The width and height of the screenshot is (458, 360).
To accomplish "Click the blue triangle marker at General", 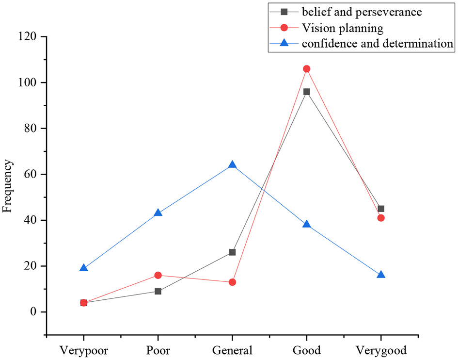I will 232,165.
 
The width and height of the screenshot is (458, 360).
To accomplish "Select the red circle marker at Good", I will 306,69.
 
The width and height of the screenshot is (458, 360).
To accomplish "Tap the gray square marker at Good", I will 306,92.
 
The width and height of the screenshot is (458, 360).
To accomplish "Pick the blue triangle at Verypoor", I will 83,268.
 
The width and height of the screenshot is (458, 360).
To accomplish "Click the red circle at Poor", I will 158,275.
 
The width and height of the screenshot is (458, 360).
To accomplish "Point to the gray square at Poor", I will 158,291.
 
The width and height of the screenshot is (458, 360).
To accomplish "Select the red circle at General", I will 232,282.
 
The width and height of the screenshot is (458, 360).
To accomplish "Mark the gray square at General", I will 232,252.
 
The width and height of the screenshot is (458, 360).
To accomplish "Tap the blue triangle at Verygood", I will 381,275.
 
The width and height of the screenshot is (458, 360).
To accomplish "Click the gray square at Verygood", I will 381,209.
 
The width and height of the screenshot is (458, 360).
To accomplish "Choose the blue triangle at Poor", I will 158,213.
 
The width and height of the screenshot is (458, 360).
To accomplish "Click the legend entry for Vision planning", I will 342,29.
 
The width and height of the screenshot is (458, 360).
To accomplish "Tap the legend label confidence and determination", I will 377,44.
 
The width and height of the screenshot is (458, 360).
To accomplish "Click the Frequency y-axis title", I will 7,187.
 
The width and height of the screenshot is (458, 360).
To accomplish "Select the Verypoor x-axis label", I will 83,350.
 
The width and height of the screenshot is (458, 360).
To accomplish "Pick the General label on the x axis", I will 232,350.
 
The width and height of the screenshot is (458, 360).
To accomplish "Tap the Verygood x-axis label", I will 381,350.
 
